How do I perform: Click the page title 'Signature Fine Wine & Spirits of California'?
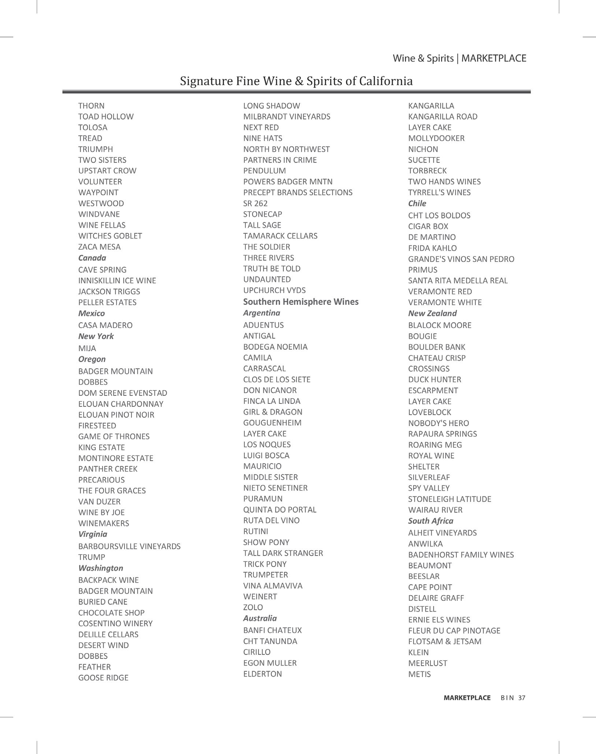pos(296,81)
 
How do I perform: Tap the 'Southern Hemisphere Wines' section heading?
pos(301,302)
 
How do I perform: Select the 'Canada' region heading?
pos(92,258)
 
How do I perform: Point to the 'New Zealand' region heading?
pos(432,313)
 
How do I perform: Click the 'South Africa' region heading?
pos(430,521)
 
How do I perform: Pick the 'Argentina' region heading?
pos(262,313)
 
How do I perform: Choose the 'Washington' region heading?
pos(100,568)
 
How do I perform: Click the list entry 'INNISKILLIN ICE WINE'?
pos(117,281)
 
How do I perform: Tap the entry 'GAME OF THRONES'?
pos(114,436)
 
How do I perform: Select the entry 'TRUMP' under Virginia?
pos(92,557)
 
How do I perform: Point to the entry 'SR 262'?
pos(255,203)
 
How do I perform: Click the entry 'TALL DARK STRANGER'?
pos(283,553)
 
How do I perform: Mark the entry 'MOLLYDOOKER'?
pos(436,138)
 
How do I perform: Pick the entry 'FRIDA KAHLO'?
pos(432,248)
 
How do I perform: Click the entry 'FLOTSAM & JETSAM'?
pos(445,641)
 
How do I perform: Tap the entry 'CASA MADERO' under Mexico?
pos(105,325)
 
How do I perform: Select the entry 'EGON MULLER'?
pos(270,663)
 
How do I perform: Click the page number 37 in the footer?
pos(522,698)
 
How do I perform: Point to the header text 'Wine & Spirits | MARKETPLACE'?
pos(459,58)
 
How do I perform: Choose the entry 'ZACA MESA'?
pos(99,247)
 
